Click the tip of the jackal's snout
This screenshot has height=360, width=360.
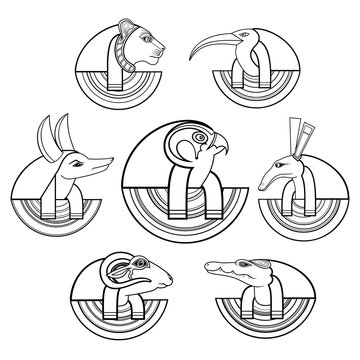coord(98,190)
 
